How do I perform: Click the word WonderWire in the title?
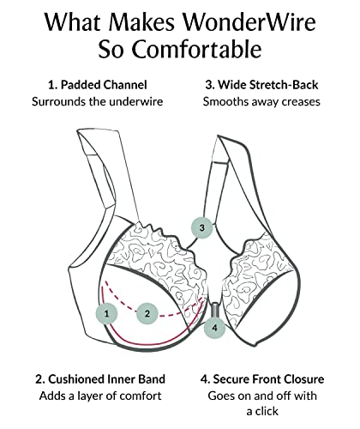(249, 22)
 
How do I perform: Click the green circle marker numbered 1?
(106, 314)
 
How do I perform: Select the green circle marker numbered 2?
(147, 314)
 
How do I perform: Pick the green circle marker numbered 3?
(202, 227)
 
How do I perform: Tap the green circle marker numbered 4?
(214, 328)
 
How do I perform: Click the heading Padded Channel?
(104, 85)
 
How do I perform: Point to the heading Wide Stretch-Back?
(268, 85)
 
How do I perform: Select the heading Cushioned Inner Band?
(106, 379)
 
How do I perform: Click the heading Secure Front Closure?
(268, 379)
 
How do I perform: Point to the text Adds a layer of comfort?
(100, 396)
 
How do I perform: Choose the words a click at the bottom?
(262, 411)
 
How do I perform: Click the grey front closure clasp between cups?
(214, 310)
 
